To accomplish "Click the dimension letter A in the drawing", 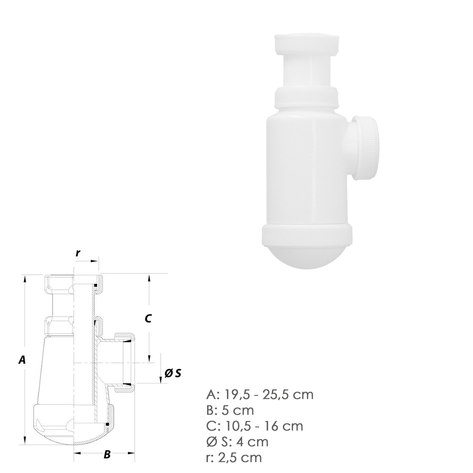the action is (x=22, y=359).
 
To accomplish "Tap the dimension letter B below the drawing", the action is (x=107, y=454).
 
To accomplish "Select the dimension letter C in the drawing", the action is (x=148, y=318).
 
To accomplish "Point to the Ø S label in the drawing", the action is (x=173, y=373).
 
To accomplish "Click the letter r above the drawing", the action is (x=78, y=253).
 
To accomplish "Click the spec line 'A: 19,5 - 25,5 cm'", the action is (x=260, y=394).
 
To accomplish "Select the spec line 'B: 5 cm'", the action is (x=230, y=410).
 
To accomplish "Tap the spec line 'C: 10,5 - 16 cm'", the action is (x=254, y=426).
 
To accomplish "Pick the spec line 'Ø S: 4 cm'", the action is (x=237, y=442).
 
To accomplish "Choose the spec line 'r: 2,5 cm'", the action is (x=234, y=457).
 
